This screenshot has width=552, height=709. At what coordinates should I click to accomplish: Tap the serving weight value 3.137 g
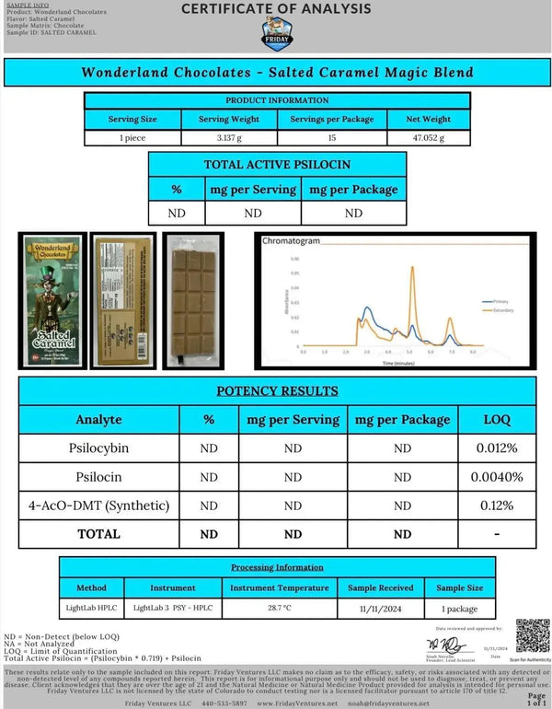tap(228, 137)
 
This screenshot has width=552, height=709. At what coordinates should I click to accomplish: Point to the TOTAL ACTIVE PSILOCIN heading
tap(276, 165)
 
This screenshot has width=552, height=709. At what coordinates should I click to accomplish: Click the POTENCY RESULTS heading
tap(276, 390)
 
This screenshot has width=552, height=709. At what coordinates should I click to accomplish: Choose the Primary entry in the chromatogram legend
tap(498, 301)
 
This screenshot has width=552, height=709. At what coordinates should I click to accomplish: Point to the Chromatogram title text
tap(291, 241)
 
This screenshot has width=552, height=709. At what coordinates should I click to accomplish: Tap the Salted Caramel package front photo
tap(52, 299)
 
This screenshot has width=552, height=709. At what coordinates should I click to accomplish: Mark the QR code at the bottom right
tap(532, 635)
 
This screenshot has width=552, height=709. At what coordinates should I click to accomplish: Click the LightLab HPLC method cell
tap(90, 609)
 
